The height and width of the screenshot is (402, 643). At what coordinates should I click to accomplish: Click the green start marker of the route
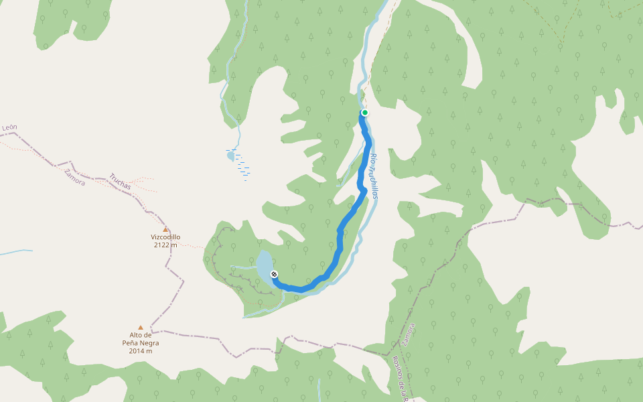pyautogui.click(x=364, y=113)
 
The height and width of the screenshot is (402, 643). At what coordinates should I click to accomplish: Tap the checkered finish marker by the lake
pyautogui.click(x=274, y=274)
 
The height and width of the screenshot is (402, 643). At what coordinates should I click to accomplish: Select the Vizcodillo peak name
pyautogui.click(x=165, y=237)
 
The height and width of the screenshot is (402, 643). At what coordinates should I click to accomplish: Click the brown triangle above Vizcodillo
pyautogui.click(x=165, y=229)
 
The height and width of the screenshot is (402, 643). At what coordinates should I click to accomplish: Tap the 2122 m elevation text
pyautogui.click(x=165, y=245)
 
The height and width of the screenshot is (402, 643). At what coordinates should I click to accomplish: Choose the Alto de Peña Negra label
pyautogui.click(x=141, y=338)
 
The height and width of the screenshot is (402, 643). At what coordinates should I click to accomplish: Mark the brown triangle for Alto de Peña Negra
pyautogui.click(x=141, y=328)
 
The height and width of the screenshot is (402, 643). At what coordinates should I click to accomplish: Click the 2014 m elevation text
pyautogui.click(x=141, y=350)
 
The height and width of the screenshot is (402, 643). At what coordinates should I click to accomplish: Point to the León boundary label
pyautogui.click(x=9, y=127)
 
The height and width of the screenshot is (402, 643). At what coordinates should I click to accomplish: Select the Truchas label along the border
pyautogui.click(x=120, y=181)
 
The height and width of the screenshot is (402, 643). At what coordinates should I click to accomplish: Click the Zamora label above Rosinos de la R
pyautogui.click(x=409, y=334)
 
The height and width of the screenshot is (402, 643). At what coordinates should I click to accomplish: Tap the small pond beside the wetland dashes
pyautogui.click(x=231, y=155)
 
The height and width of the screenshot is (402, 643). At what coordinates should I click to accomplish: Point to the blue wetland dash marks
pyautogui.click(x=243, y=167)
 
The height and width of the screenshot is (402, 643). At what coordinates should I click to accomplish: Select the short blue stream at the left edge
pyautogui.click(x=15, y=252)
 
